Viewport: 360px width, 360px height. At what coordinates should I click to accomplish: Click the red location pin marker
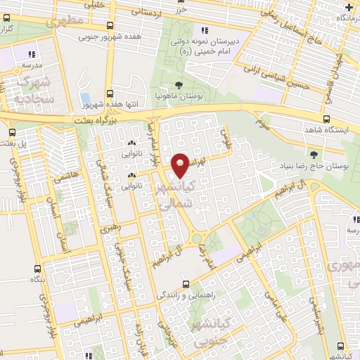180,165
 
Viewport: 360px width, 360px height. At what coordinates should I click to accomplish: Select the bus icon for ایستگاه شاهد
327,120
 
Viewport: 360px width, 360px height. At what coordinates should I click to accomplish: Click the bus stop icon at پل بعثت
12,132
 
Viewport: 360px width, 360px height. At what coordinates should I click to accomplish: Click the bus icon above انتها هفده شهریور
109,93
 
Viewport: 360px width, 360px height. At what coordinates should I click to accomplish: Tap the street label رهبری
110,229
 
